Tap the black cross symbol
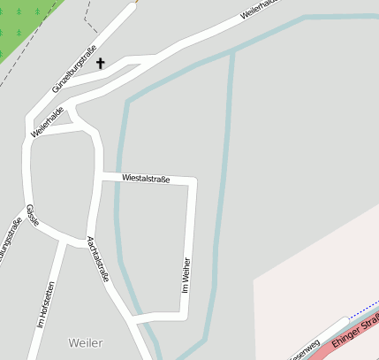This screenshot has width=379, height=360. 100,63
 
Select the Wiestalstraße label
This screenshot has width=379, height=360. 146,178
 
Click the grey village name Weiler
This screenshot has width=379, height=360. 85,342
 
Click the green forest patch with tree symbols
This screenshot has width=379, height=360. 22,27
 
